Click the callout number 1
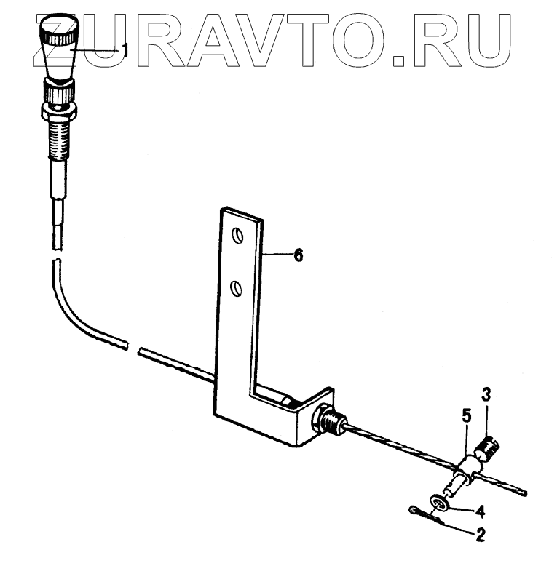coord(125,50)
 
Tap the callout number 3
coord(486,396)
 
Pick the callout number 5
coord(467,416)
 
